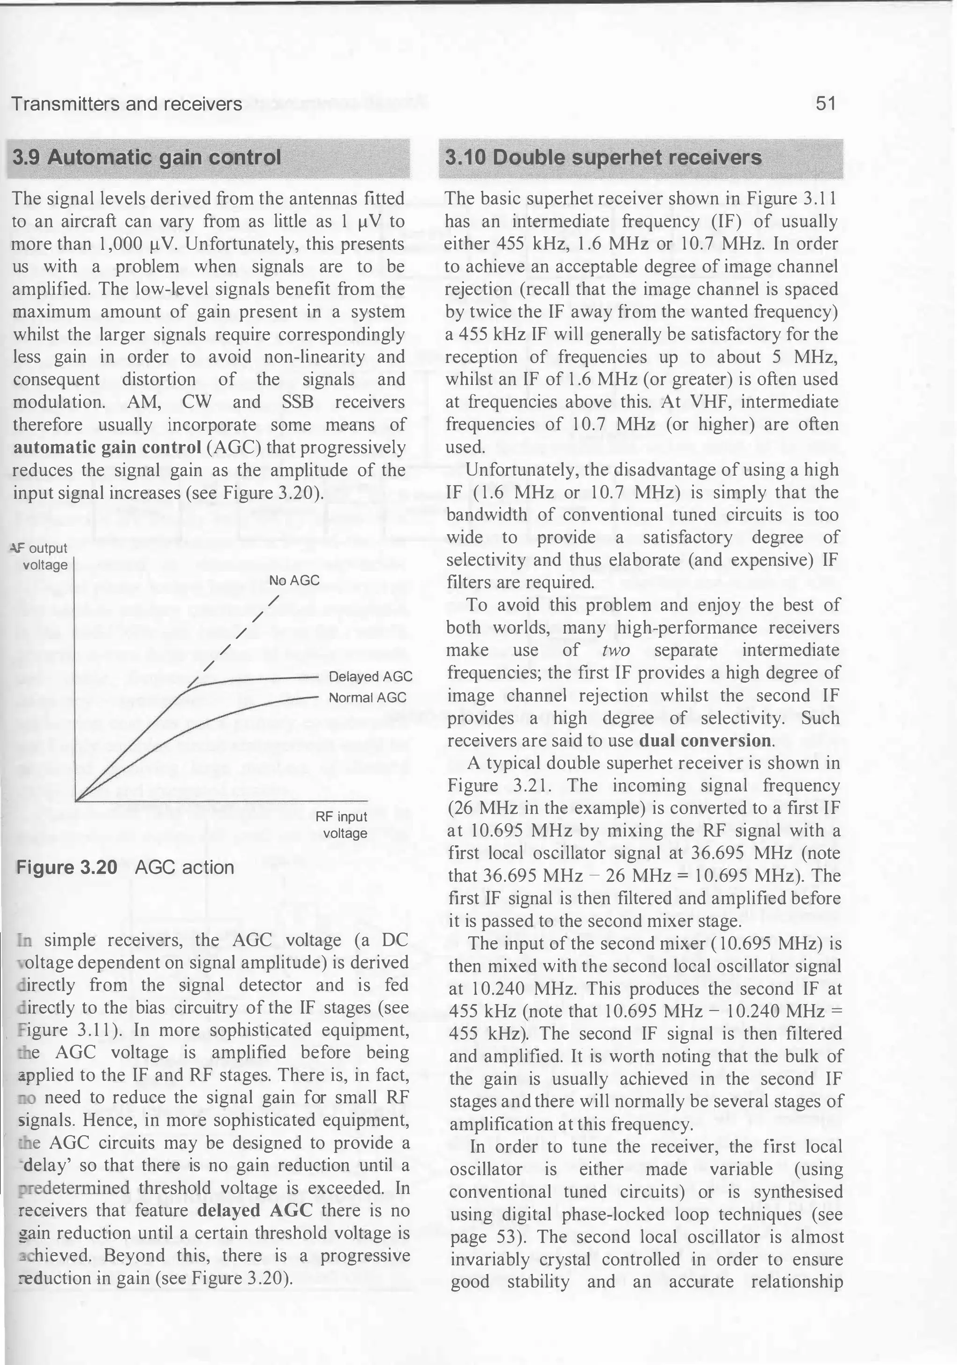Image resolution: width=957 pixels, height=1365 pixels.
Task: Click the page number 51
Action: click(825, 104)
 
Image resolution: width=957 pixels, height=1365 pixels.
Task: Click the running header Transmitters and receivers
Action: click(127, 105)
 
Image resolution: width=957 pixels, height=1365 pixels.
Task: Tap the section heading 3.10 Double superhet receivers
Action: click(603, 158)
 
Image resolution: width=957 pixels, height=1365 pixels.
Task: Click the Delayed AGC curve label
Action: click(370, 676)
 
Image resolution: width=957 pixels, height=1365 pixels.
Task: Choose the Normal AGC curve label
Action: click(367, 697)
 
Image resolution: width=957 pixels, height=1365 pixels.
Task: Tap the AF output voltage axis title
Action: click(42, 556)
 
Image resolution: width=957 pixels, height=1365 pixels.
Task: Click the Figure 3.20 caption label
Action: click(66, 867)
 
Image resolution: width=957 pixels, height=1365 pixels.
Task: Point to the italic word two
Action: click(615, 650)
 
